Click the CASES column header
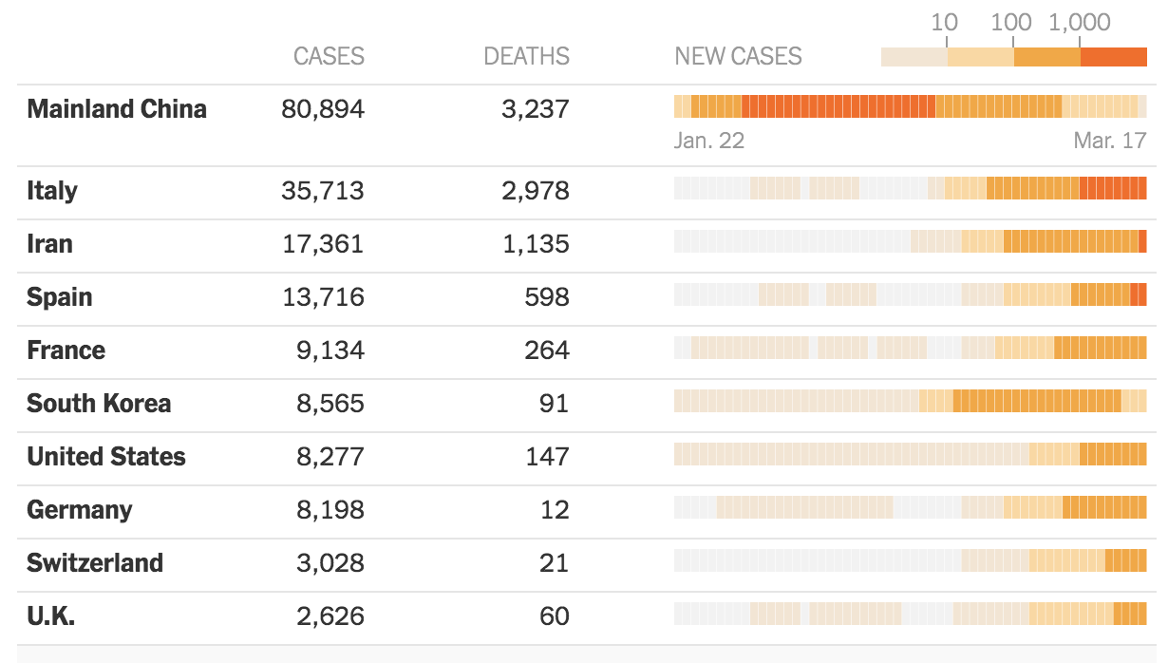(x=329, y=56)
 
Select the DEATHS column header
(x=526, y=56)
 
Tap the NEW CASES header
(x=738, y=56)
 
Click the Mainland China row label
(x=117, y=109)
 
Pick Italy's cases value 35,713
(x=323, y=191)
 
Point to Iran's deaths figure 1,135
(x=536, y=244)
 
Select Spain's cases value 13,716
(x=323, y=297)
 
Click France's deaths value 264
(x=547, y=350)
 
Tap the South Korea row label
(x=99, y=404)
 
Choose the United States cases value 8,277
(x=330, y=457)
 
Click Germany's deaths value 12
(x=555, y=510)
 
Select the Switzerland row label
(x=95, y=563)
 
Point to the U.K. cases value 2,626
(x=330, y=616)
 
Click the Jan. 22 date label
(x=709, y=141)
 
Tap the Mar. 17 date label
(x=1110, y=141)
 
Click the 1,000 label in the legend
(x=1080, y=22)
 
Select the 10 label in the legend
(x=944, y=22)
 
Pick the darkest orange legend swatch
(x=1114, y=57)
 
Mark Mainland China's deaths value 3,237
(x=536, y=109)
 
